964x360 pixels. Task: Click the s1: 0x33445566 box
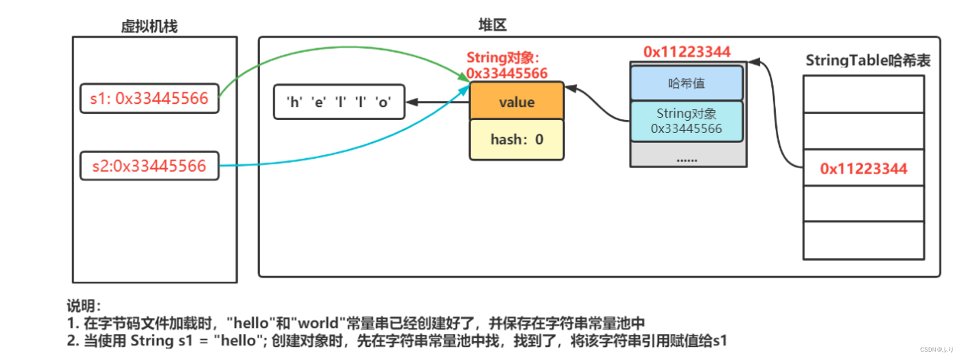[149, 99]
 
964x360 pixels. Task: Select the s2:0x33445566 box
[149, 165]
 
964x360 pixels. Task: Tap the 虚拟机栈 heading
[149, 27]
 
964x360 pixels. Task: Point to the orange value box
[516, 102]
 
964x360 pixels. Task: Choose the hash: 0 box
[516, 140]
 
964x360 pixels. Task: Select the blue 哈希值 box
[686, 83]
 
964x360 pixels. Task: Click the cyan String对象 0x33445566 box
[686, 121]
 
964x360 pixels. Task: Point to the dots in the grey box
[686, 158]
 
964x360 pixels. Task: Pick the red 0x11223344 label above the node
[686, 52]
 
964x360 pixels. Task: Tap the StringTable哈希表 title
[868, 61]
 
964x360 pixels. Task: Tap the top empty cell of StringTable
[863, 93]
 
